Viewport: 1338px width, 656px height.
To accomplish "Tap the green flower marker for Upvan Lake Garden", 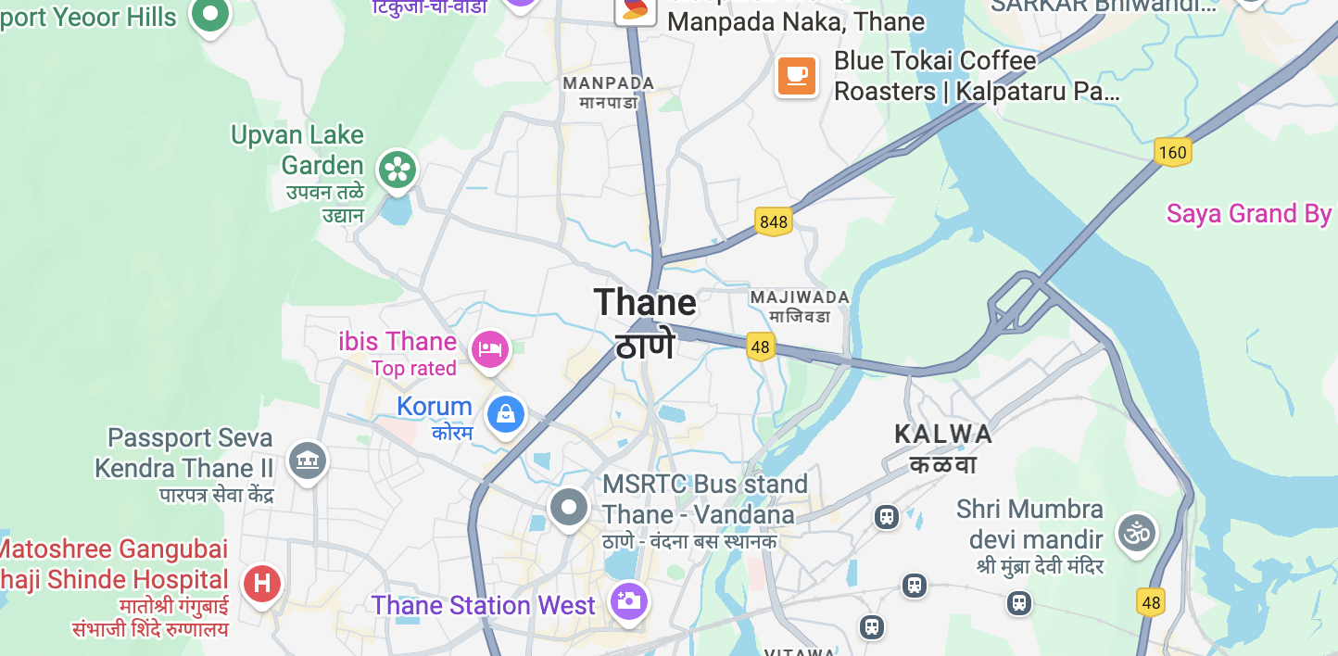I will [398, 170].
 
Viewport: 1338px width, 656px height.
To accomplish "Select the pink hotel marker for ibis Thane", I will [490, 349].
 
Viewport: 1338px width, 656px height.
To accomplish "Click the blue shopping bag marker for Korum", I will [506, 413].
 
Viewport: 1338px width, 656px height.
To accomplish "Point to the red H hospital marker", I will [262, 584].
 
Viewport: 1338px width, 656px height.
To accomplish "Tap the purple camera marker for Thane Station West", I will [628, 601].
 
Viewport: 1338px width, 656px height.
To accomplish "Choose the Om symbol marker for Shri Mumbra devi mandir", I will [1137, 533].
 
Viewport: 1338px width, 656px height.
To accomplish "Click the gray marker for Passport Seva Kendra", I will [307, 460].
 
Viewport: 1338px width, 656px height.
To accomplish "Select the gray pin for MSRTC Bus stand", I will [569, 507].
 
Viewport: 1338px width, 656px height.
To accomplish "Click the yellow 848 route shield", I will [773, 221].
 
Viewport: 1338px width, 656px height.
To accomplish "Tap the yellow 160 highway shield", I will [1172, 151].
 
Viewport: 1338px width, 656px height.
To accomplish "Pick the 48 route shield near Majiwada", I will [761, 347].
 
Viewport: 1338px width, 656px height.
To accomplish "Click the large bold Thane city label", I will [645, 303].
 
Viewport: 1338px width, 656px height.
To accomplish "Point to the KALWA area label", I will [942, 434].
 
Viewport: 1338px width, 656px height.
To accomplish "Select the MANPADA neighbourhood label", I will [609, 83].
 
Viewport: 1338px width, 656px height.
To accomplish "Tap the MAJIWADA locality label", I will [800, 297].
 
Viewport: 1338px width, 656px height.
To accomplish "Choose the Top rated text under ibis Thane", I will [414, 369].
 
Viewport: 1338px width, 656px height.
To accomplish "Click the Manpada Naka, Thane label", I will [795, 21].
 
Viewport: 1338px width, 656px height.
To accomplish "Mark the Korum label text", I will [435, 407].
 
